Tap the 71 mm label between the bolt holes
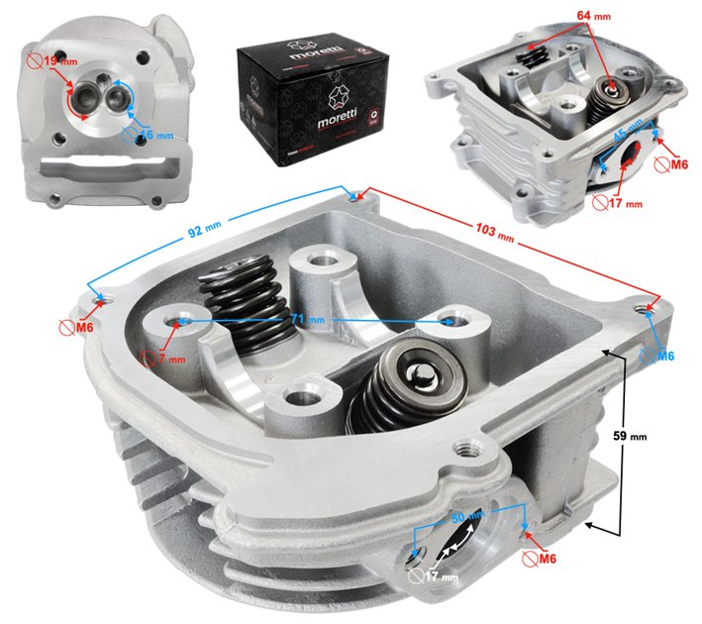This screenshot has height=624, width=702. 314,321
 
